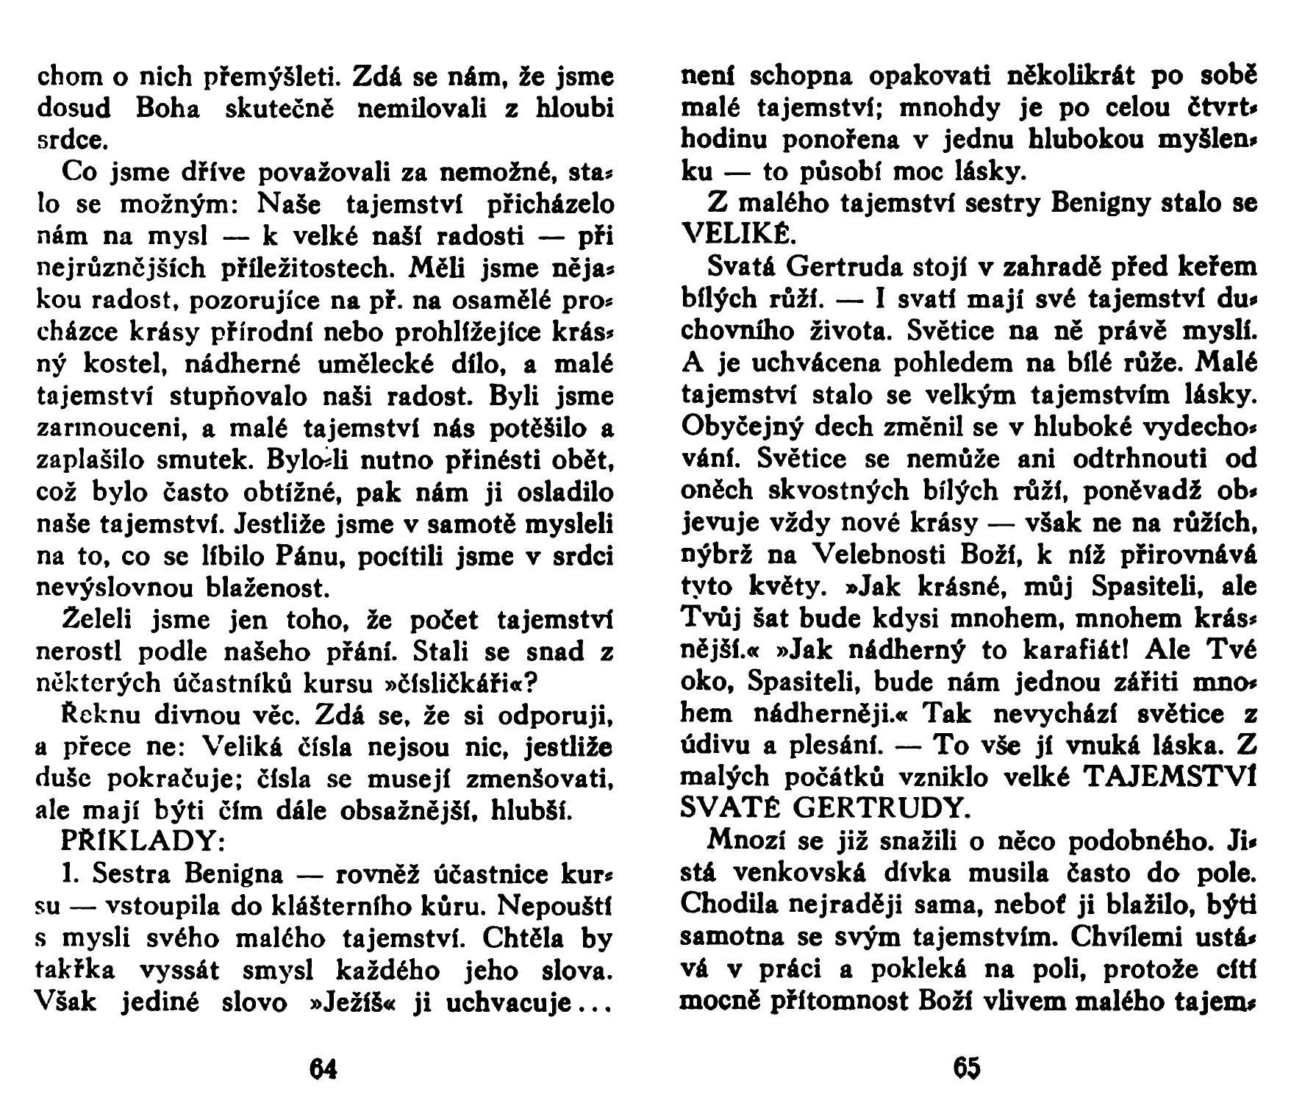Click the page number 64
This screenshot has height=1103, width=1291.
click(323, 1067)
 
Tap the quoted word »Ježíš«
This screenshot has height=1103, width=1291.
click(350, 1003)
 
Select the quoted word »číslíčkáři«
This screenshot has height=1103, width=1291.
click(462, 683)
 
